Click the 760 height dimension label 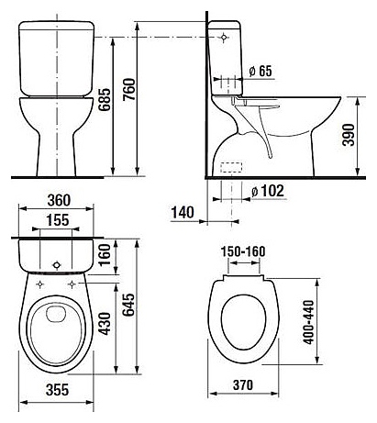point(129,90)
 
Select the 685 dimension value point(105,99)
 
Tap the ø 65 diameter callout point(261,71)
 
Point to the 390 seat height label point(349,135)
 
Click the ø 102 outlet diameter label point(268,191)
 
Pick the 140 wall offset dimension point(183,212)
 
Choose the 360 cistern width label point(59,200)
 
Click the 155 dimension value point(58,220)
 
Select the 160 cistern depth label point(105,255)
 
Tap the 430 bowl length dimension point(105,323)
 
